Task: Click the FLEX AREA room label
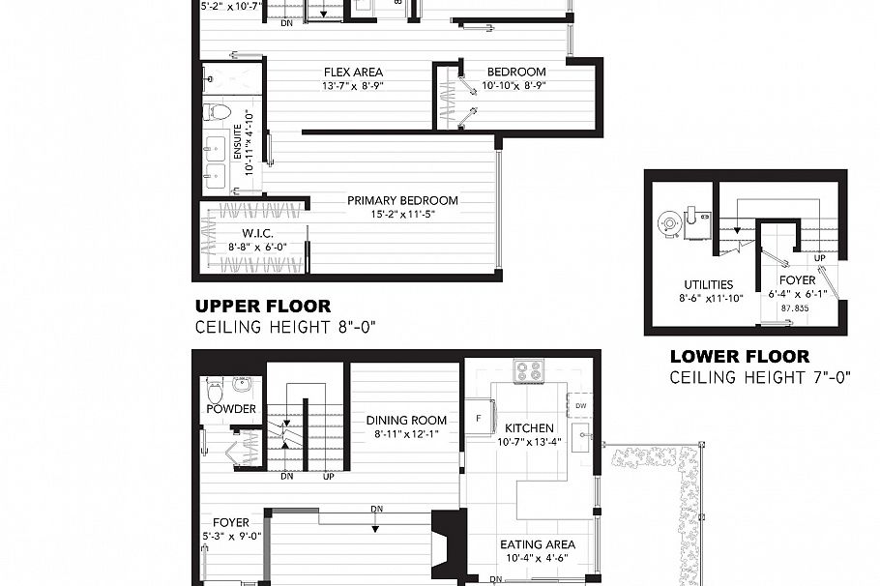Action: (352, 72)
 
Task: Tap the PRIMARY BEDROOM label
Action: (402, 201)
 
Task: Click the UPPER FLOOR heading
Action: (262, 307)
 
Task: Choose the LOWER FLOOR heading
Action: (739, 357)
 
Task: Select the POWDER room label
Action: (231, 409)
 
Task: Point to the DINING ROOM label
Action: (406, 421)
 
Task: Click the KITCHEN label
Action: (529, 427)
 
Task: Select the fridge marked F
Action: (478, 418)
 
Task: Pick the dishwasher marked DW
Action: (579, 406)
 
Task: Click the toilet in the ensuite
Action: (220, 112)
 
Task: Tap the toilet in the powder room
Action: (215, 391)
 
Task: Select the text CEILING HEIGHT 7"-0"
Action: (759, 377)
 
